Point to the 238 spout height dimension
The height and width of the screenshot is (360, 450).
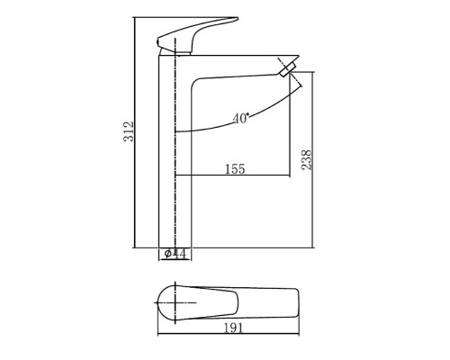[x=305, y=158]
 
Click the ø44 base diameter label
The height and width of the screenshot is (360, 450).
[x=175, y=255]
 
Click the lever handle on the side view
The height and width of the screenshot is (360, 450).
[x=188, y=34]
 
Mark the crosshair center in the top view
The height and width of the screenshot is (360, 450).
[x=170, y=303]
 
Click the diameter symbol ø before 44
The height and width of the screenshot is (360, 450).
[x=168, y=255]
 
